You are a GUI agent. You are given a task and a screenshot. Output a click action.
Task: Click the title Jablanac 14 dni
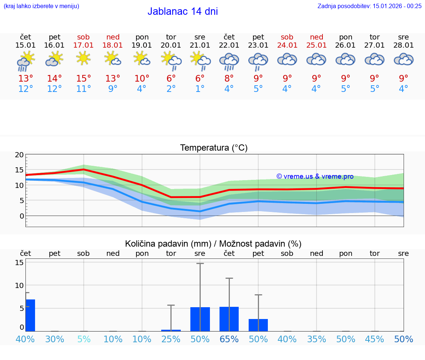pyautogui.click(x=183, y=11)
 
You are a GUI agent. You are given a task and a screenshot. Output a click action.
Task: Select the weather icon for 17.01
pyautogui.click(x=84, y=58)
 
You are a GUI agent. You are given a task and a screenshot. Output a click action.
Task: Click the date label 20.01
pyautogui.click(x=171, y=45)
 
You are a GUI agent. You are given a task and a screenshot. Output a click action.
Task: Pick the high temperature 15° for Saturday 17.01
pyautogui.click(x=84, y=78)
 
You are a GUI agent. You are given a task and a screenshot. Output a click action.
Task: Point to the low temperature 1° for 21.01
pyautogui.click(x=200, y=89)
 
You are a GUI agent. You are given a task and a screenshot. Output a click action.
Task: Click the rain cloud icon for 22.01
pyautogui.click(x=229, y=60)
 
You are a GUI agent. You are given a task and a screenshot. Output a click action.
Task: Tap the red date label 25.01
pyautogui.click(x=317, y=45)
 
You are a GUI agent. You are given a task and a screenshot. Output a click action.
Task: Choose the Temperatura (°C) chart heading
pyautogui.click(x=214, y=148)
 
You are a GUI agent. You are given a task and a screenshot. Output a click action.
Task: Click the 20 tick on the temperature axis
pyautogui.click(x=20, y=155)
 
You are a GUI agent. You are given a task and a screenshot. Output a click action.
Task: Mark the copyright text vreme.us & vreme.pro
pyautogui.click(x=315, y=176)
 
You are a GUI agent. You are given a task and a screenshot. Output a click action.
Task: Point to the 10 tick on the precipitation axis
pyautogui.click(x=20, y=285)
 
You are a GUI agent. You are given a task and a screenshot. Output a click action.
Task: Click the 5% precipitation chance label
pyautogui.click(x=84, y=339)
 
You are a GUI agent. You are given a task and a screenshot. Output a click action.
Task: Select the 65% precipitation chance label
pyautogui.click(x=229, y=339)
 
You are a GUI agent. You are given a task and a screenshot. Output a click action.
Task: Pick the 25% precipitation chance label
pyautogui.click(x=171, y=339)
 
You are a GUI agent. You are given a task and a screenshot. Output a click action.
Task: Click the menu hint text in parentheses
pyautogui.click(x=41, y=6)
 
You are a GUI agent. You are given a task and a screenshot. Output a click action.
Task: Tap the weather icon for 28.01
pyautogui.click(x=404, y=59)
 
